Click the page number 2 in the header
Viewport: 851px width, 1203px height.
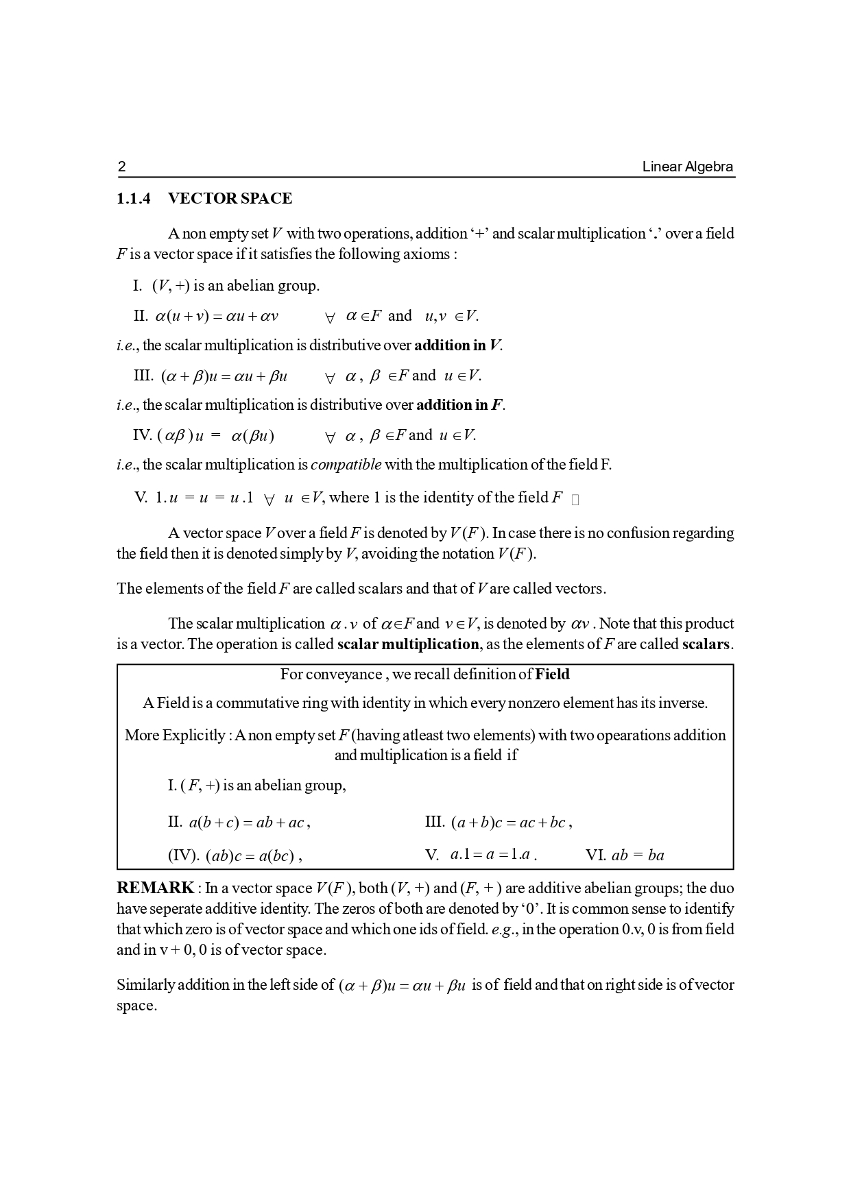(122, 167)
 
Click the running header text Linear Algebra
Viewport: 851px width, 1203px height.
(687, 167)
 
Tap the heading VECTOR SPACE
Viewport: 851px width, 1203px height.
(230, 199)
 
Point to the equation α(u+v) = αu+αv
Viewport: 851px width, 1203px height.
(217, 316)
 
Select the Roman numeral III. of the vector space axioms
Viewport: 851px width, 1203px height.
(143, 376)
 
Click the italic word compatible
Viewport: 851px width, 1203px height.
(346, 465)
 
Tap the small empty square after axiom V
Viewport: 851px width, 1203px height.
(575, 500)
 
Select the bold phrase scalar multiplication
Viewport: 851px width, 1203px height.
(408, 644)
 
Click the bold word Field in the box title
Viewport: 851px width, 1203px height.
(552, 675)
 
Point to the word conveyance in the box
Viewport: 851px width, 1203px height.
(344, 675)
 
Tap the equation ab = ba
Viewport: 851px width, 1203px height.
(637, 855)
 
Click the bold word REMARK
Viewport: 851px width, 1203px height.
(156, 888)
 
